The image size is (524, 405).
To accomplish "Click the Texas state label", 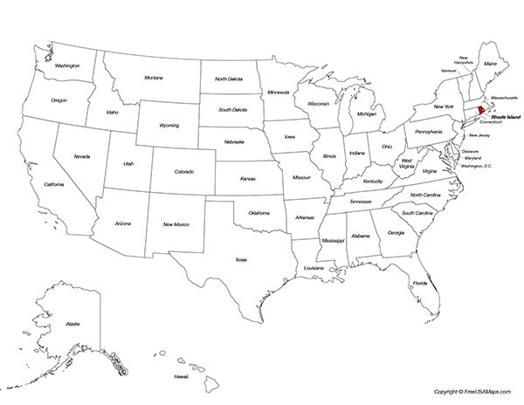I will tap(240, 259).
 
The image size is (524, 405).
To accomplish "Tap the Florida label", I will tap(420, 283).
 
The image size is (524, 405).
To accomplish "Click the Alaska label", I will tap(72, 324).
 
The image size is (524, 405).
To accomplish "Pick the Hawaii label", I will tap(181, 376).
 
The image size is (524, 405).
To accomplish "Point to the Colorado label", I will tap(183, 171).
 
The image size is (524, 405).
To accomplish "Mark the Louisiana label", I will tap(314, 268).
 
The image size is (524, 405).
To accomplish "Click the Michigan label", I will tap(367, 113).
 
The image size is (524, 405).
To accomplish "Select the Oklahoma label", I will tap(259, 212).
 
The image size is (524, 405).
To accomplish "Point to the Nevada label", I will tap(81, 156).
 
